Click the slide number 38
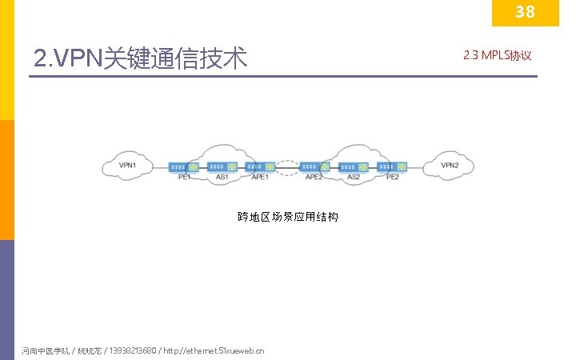[525, 12]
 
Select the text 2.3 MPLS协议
[497, 55]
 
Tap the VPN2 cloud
[450, 166]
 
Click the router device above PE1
[184, 167]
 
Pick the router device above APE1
[261, 167]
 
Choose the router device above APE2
[314, 167]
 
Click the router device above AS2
[354, 167]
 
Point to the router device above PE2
[392, 167]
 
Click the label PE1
[184, 177]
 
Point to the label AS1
[222, 177]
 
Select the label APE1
[260, 177]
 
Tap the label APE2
[314, 177]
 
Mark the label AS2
[354, 177]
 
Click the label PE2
[392, 177]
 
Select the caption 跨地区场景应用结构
[288, 217]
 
